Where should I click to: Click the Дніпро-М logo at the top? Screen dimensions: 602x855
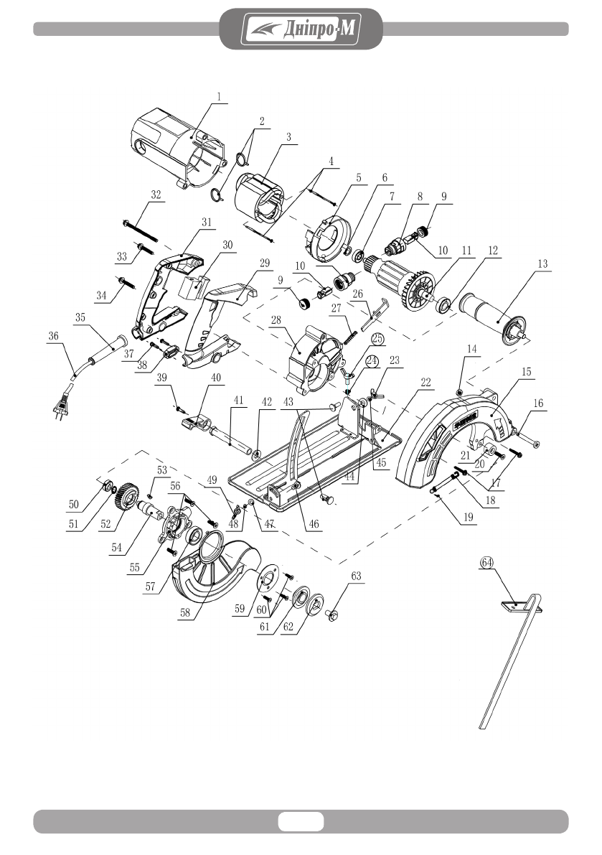[x=301, y=28]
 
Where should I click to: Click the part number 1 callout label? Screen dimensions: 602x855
[x=219, y=97]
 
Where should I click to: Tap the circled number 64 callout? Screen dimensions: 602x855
[x=486, y=562]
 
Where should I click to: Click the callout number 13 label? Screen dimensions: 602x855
[x=542, y=264]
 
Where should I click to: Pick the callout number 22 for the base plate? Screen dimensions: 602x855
[x=425, y=382]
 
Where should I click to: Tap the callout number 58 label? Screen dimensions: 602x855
[x=185, y=612]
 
